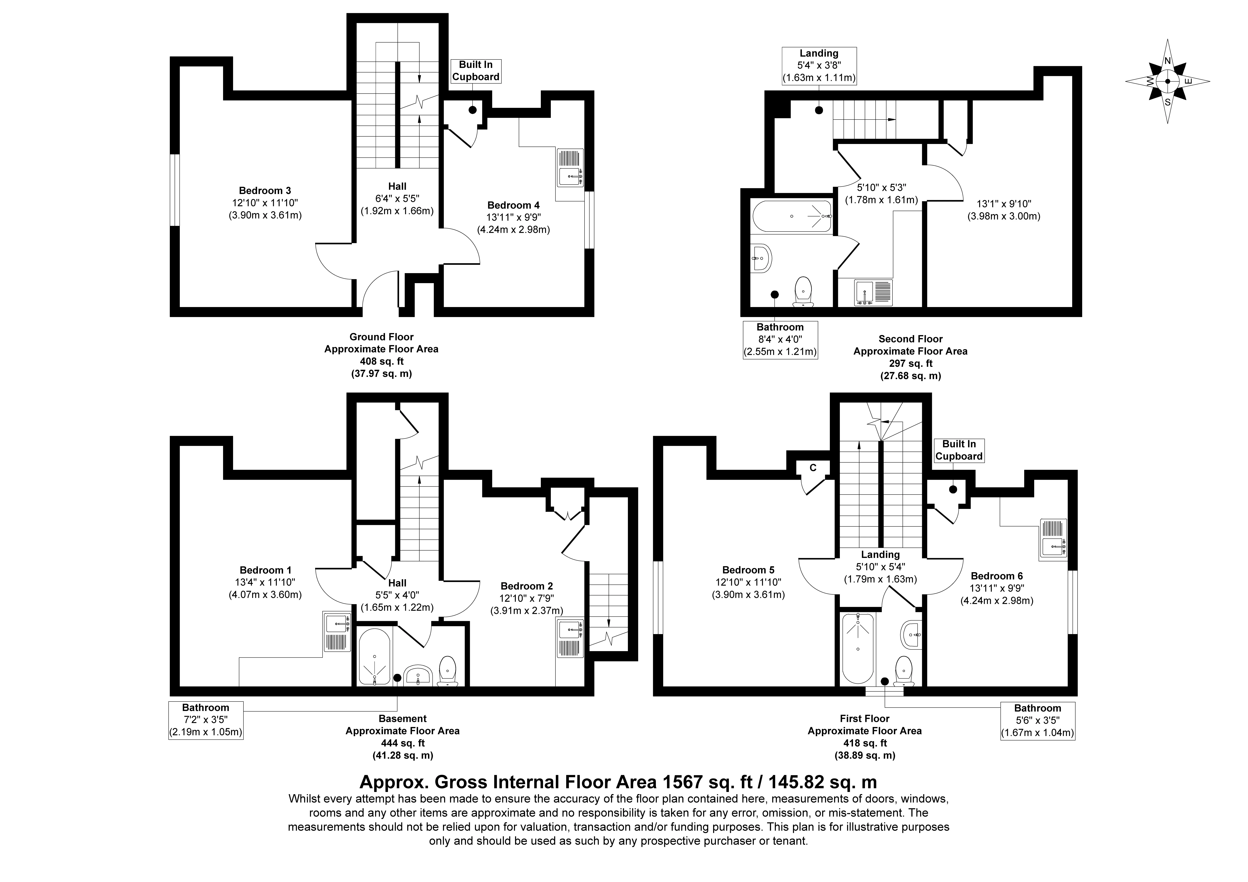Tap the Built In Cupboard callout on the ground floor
coord(476,71)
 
